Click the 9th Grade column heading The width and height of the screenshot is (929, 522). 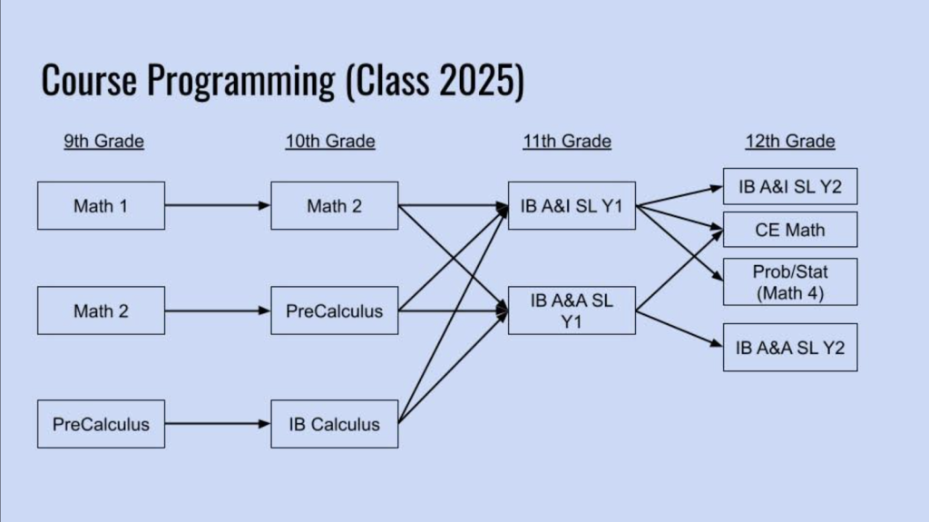pyautogui.click(x=103, y=142)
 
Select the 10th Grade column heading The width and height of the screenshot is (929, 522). pyautogui.click(x=329, y=142)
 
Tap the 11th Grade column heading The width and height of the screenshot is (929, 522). pyautogui.click(x=566, y=142)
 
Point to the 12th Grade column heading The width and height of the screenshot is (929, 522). pyautogui.click(x=790, y=142)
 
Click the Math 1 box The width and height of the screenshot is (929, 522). pyautogui.click(x=101, y=206)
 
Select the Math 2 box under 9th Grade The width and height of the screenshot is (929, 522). pyautogui.click(x=101, y=311)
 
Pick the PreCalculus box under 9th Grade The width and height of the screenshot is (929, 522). pyautogui.click(x=101, y=424)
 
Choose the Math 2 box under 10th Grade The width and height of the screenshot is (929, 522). pyautogui.click(x=334, y=206)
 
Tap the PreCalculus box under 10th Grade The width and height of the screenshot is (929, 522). pyautogui.click(x=334, y=311)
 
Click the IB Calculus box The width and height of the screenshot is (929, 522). pyautogui.click(x=334, y=424)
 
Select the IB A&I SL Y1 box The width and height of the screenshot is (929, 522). pyautogui.click(x=572, y=206)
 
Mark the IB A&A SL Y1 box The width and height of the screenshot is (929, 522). pyautogui.click(x=572, y=311)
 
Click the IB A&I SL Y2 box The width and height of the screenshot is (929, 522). pyautogui.click(x=790, y=187)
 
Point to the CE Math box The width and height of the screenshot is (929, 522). pyautogui.click(x=790, y=231)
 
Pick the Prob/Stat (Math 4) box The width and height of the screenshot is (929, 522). pyautogui.click(x=790, y=281)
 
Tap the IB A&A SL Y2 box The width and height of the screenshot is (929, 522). pyautogui.click(x=790, y=347)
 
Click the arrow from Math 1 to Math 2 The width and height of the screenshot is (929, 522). pyautogui.click(x=218, y=206)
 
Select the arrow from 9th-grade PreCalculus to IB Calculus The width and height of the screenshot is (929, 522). pyautogui.click(x=218, y=424)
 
